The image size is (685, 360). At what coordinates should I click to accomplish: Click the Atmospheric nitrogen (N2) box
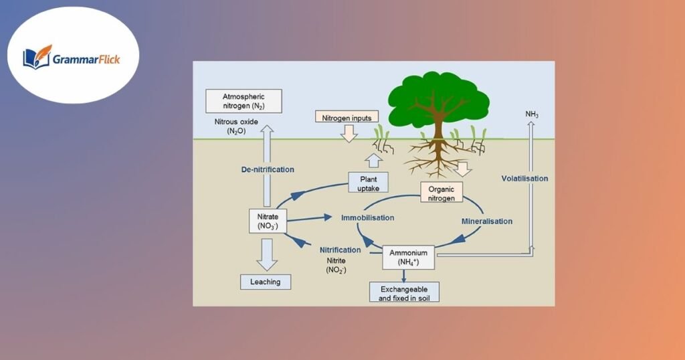[243, 102]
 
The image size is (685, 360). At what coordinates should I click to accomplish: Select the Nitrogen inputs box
[347, 116]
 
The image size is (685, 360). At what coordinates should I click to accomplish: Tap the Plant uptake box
[369, 183]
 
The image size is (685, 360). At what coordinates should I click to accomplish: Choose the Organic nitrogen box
[442, 193]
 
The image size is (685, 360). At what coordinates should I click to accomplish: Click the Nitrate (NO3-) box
[268, 221]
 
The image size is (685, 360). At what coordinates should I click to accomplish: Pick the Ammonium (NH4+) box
[408, 257]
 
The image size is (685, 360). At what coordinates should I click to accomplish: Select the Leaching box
[266, 281]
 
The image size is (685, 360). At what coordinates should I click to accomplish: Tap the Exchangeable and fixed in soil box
[404, 292]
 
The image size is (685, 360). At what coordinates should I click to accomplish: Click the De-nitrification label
[268, 169]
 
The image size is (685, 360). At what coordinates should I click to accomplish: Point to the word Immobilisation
[367, 217]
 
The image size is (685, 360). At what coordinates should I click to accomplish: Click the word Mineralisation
[487, 221]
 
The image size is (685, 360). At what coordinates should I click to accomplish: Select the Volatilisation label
[524, 179]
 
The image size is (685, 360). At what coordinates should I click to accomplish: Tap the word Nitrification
[340, 250]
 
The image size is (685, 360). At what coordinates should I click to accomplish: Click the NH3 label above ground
[532, 115]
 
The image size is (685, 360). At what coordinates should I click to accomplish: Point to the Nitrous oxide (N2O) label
[236, 126]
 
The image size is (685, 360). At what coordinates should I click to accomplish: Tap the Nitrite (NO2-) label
[336, 266]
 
